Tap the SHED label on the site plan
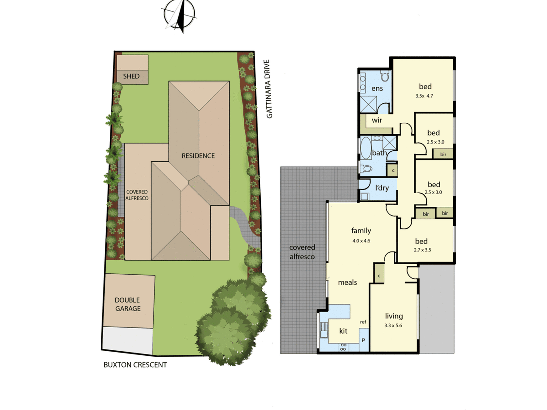pos(131,76)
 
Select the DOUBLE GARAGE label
pos(127,304)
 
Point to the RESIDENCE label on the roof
pos(198,156)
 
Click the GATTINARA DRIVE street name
pos(269,89)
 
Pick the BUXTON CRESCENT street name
pos(135,365)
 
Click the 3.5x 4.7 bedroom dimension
pos(424,96)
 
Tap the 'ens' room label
pos(377,89)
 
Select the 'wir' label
pos(377,120)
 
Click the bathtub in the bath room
pos(366,149)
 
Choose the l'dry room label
pos(382,188)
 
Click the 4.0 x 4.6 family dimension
pos(361,241)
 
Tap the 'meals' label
pos(347,282)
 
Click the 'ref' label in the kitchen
pos(363,322)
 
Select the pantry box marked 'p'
pos(364,340)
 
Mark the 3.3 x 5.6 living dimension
pos(393,326)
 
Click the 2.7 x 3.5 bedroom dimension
pos(423,250)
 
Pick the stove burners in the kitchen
pos(344,347)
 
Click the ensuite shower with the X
pos(368,104)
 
